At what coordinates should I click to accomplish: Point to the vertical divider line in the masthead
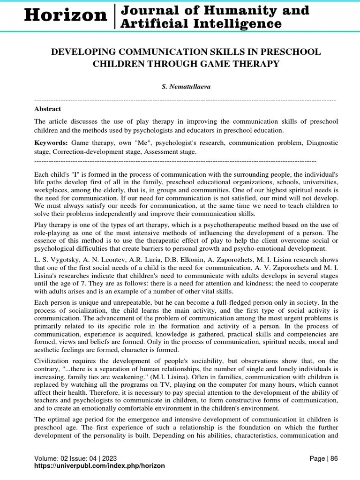coord(115,16)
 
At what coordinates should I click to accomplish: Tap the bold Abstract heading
coord(47,109)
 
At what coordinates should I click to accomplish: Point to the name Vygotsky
coord(62,260)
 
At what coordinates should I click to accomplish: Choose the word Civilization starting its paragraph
coord(52,360)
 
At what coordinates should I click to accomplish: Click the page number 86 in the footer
coord(334,458)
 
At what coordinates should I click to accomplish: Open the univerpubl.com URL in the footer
coord(100,465)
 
